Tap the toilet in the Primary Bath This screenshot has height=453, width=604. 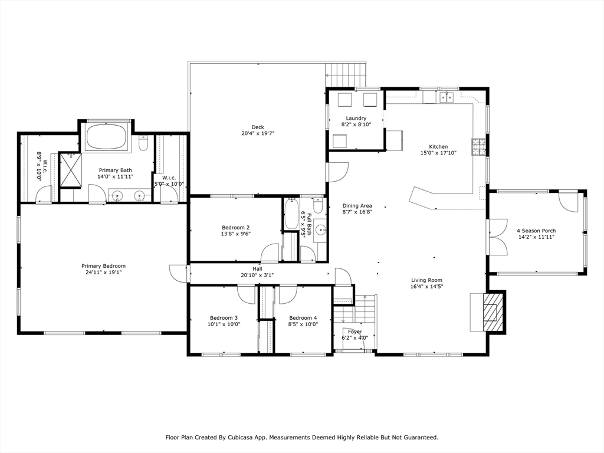(x=143, y=143)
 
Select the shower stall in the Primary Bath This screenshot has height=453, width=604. (x=70, y=170)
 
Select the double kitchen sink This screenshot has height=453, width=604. (x=445, y=96)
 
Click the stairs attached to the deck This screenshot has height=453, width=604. (x=346, y=75)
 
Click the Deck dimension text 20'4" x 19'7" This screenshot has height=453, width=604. (x=258, y=133)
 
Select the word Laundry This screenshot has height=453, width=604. (x=356, y=118)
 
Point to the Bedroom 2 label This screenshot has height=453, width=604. (x=235, y=227)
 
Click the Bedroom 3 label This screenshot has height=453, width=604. (x=224, y=317)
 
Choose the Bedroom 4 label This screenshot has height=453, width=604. (x=303, y=317)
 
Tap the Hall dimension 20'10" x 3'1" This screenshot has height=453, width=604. (x=257, y=275)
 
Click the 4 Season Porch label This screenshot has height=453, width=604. (x=536, y=231)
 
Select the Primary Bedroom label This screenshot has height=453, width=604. (x=103, y=266)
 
